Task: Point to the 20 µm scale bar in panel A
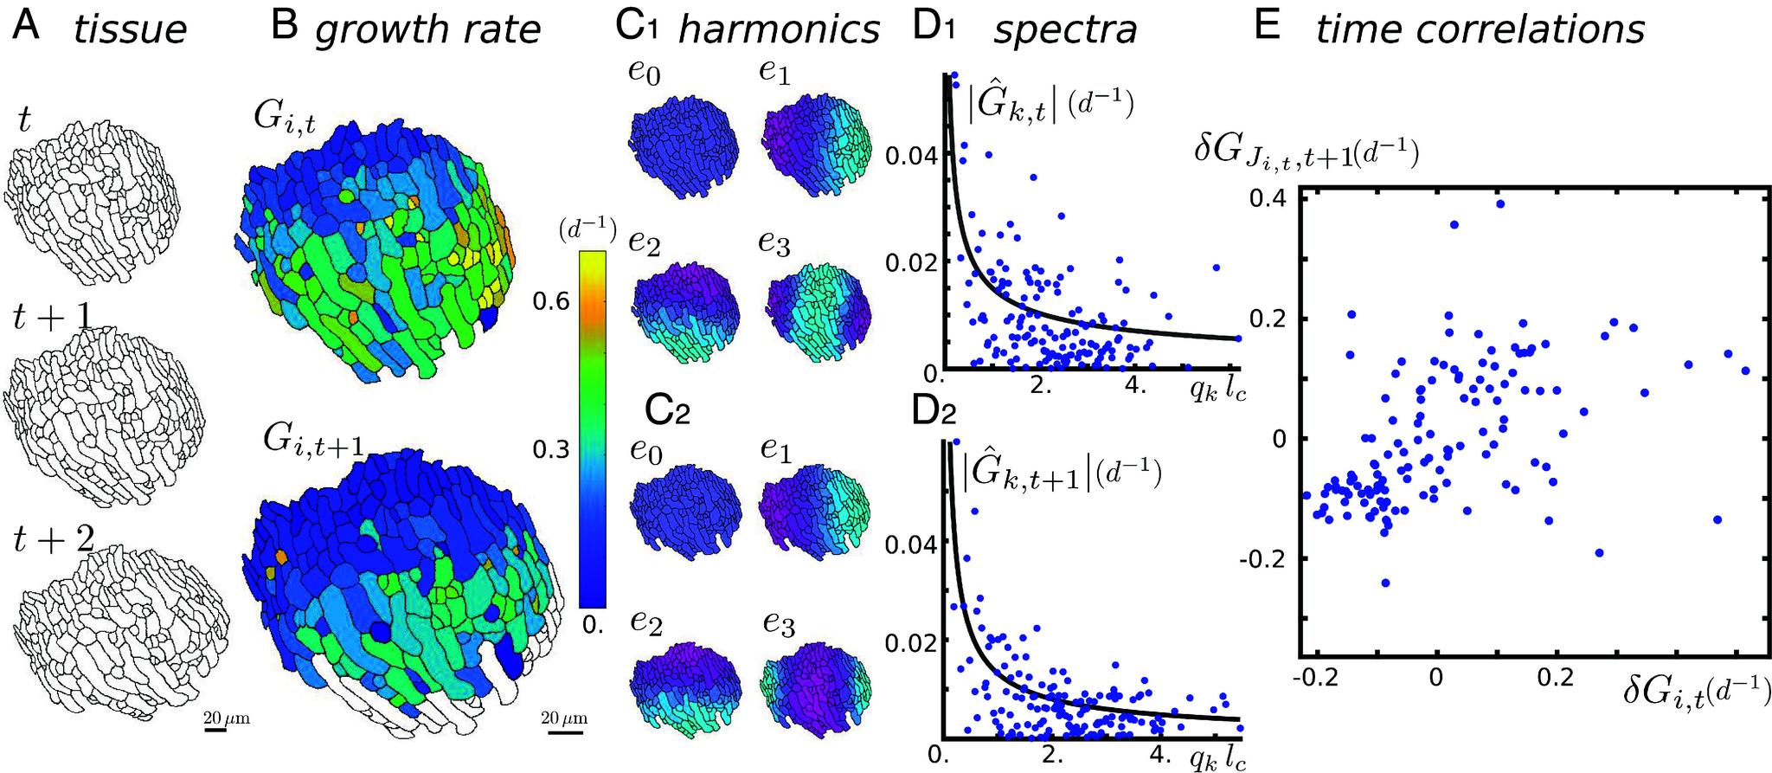click(215, 728)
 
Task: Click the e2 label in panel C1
click(644, 243)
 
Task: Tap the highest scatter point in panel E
click(1500, 204)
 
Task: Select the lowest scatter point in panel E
click(1386, 583)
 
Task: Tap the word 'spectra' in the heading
click(1064, 29)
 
